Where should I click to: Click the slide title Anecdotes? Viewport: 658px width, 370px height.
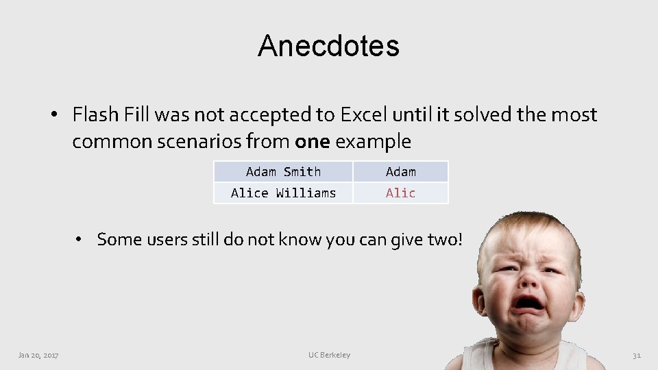[x=328, y=46]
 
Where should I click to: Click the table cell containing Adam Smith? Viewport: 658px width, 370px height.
[x=283, y=172]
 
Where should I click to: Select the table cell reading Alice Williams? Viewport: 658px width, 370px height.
[x=283, y=193]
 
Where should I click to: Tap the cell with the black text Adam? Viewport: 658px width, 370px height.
[x=400, y=172]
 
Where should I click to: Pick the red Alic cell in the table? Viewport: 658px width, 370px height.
[x=400, y=193]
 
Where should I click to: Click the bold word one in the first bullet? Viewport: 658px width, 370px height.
[x=312, y=142]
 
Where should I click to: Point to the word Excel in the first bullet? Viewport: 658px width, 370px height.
[x=363, y=114]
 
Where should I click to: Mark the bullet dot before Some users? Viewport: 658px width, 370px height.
[x=80, y=240]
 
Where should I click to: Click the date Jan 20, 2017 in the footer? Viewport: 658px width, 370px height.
[x=38, y=355]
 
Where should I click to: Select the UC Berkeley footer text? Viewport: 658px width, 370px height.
[x=329, y=355]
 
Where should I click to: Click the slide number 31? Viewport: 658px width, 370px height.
[x=636, y=355]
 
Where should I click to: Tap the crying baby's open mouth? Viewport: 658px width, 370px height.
[x=529, y=303]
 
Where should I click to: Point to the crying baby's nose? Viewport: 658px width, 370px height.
[x=530, y=277]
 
